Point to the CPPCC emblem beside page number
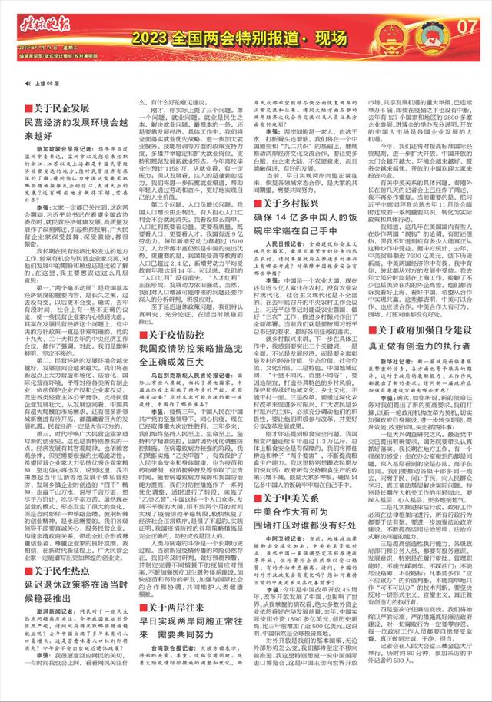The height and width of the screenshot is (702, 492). pos(441,28)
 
